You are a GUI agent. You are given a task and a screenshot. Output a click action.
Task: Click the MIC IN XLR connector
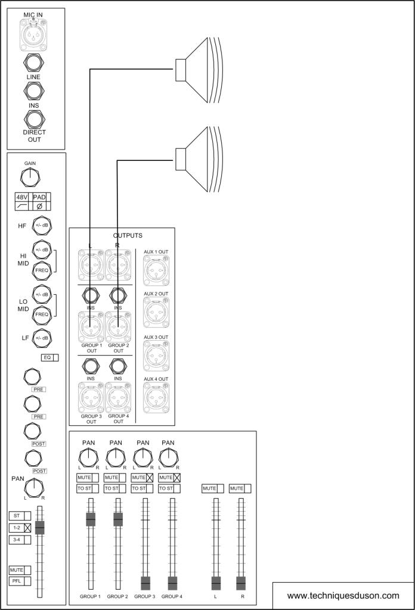point(36,34)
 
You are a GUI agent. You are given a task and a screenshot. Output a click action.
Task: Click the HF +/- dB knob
point(42,225)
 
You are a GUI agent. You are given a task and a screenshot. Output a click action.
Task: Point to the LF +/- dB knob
point(42,338)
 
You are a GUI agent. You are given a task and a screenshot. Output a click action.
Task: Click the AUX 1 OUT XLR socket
point(156,270)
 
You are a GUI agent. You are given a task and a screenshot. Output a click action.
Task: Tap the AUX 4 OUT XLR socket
point(156,397)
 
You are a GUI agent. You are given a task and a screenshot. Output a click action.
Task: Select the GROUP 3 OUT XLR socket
point(91,397)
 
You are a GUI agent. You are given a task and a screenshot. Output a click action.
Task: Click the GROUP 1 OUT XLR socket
point(91,326)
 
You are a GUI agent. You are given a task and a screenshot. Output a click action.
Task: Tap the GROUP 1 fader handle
point(91,519)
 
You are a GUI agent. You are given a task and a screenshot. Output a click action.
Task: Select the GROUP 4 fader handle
point(172,583)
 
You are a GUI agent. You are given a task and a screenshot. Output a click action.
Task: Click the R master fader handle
point(241,583)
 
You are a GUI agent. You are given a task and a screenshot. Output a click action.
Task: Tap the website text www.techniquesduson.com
point(343,595)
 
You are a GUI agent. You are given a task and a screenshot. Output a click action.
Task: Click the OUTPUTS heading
point(128,235)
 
